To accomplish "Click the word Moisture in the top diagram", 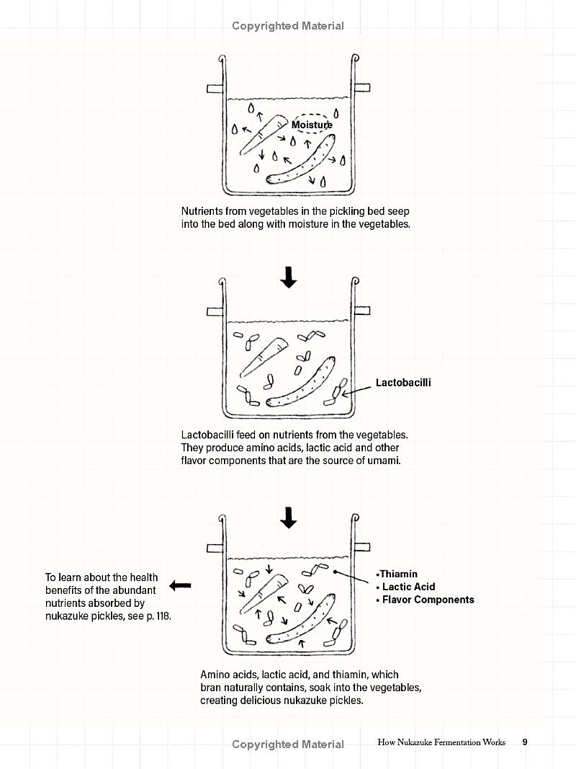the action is click(x=312, y=125).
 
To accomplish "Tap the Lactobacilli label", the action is click(x=403, y=383).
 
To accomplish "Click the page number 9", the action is click(x=525, y=742).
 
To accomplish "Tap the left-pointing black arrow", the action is click(x=180, y=585).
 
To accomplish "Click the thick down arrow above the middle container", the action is click(x=289, y=277).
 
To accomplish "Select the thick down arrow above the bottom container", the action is click(x=289, y=517).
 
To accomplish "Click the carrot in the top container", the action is click(x=263, y=134).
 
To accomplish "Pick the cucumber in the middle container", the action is click(x=301, y=383).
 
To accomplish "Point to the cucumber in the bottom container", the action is click(x=301, y=618).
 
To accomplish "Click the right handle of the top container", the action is click(x=362, y=88).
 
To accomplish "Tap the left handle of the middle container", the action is click(x=215, y=312).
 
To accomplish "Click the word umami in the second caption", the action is click(x=384, y=461).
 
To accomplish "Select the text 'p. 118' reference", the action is click(x=158, y=616).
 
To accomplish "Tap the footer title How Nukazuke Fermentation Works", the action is click(x=441, y=742).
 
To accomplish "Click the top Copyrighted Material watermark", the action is click(x=288, y=26).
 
